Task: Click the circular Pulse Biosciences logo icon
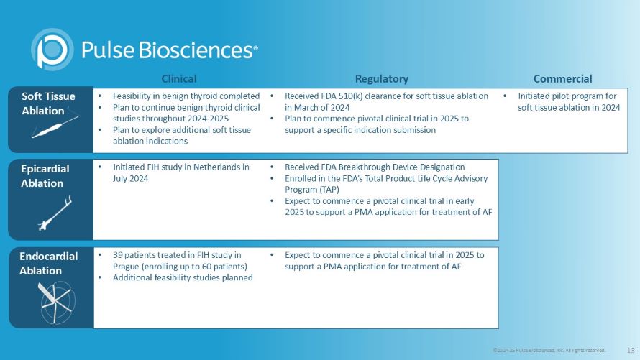52,49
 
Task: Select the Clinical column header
179,78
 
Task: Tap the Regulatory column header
381,78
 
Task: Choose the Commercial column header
562,78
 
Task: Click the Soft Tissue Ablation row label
48,103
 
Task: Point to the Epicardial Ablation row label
45,176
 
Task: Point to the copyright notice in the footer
549,350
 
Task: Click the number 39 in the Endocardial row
118,254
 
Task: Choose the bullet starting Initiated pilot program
567,101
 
